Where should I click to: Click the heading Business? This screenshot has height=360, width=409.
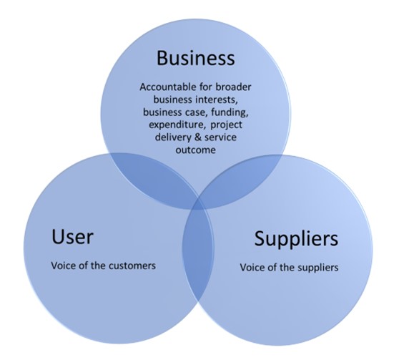click(194, 57)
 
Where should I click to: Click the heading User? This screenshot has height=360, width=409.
click(72, 236)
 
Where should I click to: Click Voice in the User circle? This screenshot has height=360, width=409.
click(62, 265)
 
